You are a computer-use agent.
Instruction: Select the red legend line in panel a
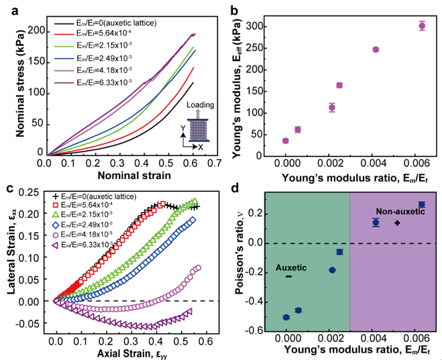click(x=63, y=35)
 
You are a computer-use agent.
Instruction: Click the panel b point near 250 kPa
click(x=376, y=50)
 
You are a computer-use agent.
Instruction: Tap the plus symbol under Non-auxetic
click(x=397, y=223)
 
